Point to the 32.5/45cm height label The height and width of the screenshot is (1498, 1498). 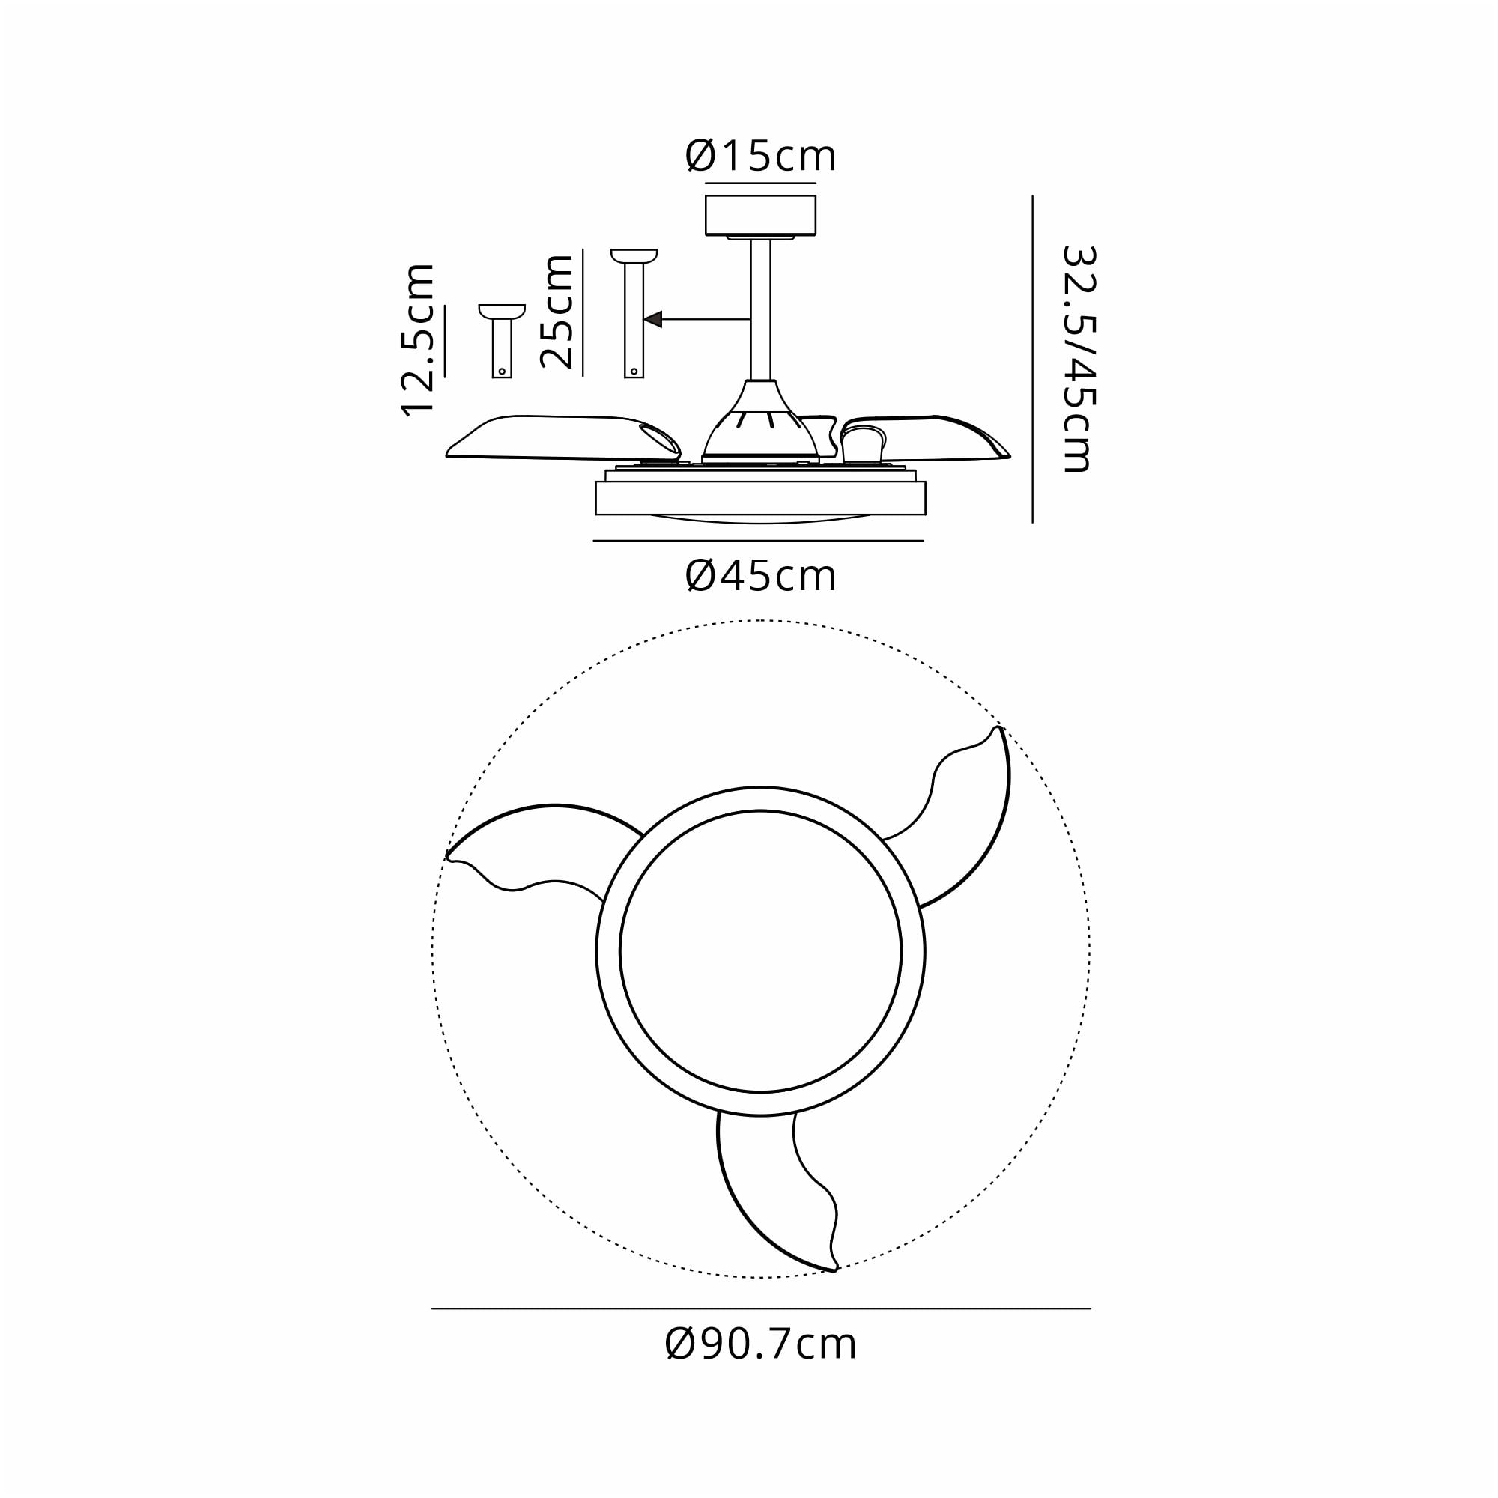pos(1079,359)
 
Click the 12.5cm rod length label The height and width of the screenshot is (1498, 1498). pos(418,339)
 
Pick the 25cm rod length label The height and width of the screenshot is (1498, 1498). pos(557,311)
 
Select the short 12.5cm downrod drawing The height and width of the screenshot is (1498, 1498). pos(502,341)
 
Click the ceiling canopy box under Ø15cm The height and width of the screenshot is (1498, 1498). pos(759,215)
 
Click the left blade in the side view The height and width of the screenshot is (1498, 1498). pos(558,439)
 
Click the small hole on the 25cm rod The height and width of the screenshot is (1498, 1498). pos(634,372)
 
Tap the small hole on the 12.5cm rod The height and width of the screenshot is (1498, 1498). pos(502,372)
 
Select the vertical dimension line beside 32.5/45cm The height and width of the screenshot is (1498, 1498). pos(1033,359)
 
